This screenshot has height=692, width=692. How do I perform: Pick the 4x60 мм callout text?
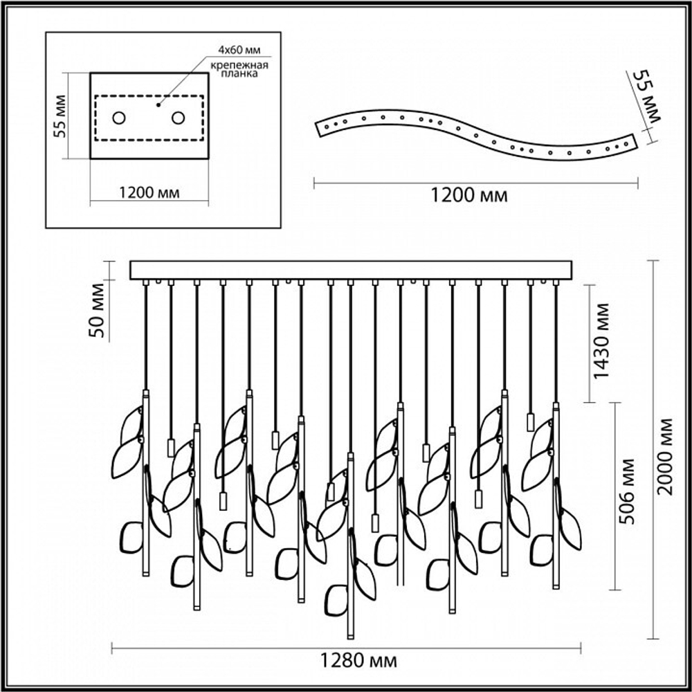tap(239, 49)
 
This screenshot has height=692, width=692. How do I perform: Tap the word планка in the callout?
tap(241, 74)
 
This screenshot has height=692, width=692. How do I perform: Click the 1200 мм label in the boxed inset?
tap(149, 193)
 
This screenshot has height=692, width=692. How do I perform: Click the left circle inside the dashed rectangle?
tap(119, 118)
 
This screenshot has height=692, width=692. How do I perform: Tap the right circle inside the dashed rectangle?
tap(179, 118)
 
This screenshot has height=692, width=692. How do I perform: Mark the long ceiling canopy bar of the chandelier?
tap(352, 270)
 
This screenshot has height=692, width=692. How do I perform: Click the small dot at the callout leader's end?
tap(158, 106)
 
